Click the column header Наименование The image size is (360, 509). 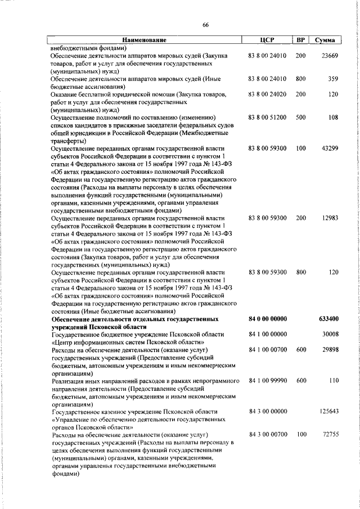pyautogui.click(x=145, y=40)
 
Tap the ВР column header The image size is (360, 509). pyautogui.click(x=300, y=40)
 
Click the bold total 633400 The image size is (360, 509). pyautogui.click(x=327, y=319)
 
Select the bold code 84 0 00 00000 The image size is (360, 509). pyautogui.click(x=268, y=319)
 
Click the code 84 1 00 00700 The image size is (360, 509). pyautogui.click(x=268, y=350)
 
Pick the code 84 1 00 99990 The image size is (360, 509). pyautogui.click(x=268, y=381)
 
